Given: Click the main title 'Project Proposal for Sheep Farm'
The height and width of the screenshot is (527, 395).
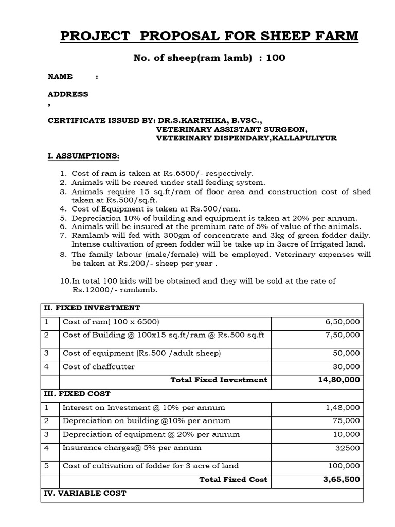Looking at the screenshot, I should (209, 37).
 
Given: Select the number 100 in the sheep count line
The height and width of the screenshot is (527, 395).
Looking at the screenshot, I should (275, 58).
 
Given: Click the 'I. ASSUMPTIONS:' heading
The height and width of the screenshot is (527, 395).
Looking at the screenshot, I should (83, 156).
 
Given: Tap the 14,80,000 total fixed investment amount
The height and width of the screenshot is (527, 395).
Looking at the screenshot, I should (339, 380).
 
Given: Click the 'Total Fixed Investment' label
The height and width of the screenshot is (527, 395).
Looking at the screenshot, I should (219, 380).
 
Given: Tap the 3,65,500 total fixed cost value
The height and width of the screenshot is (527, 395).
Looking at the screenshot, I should (342, 479).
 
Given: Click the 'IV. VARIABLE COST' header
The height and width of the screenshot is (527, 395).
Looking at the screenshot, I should (85, 493).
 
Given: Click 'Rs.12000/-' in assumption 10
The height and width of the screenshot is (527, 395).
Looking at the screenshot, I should (94, 290).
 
